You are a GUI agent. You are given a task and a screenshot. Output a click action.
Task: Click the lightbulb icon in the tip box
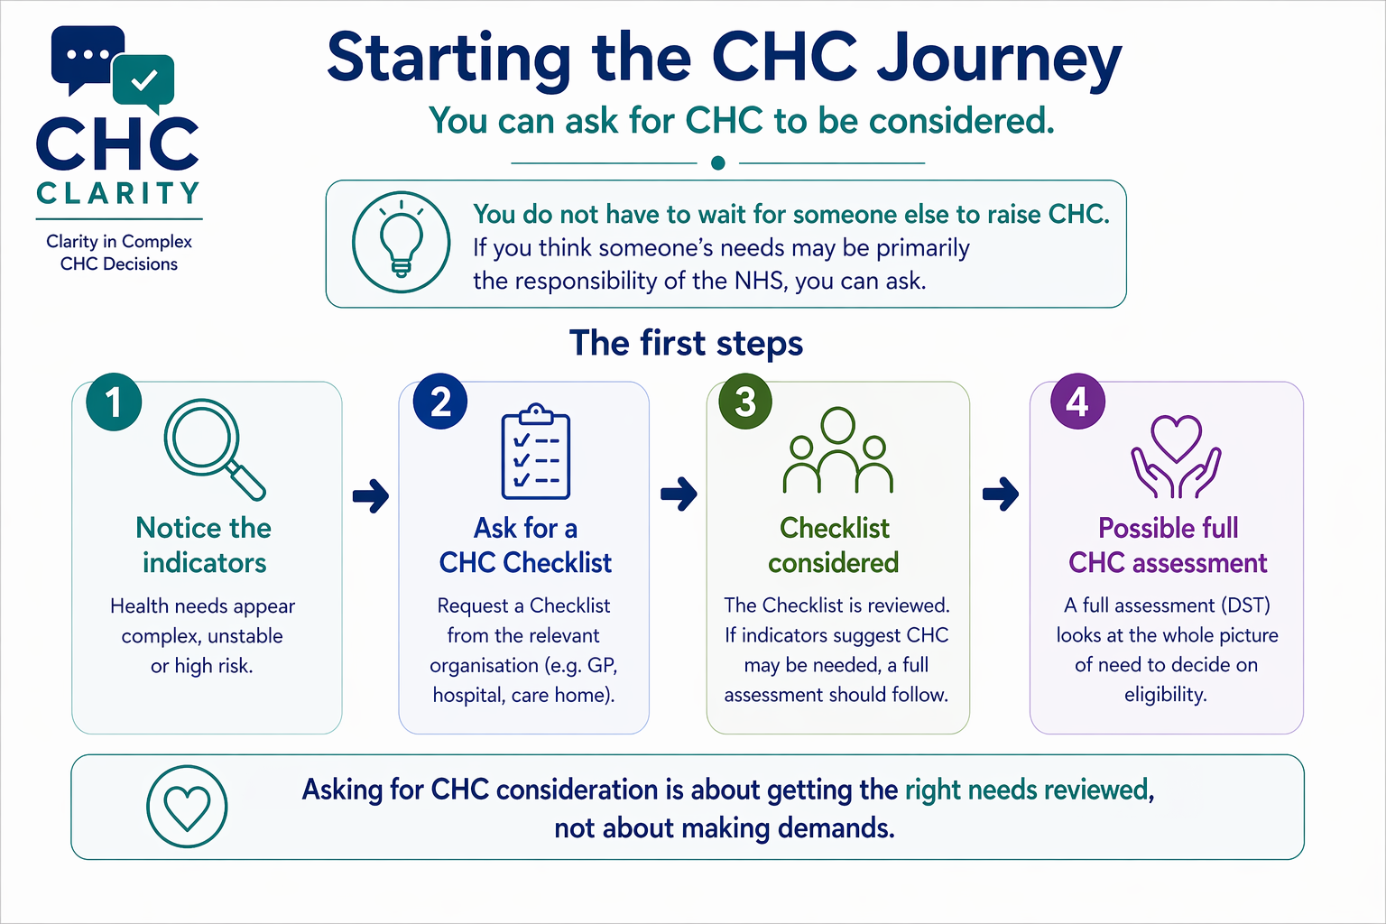(x=401, y=242)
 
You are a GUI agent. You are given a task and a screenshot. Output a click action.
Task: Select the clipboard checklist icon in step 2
(x=536, y=452)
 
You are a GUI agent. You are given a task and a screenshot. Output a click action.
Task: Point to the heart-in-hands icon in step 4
(x=1176, y=457)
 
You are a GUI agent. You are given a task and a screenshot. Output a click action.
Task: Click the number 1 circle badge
(x=114, y=402)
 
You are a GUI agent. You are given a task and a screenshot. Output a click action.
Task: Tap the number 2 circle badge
(x=440, y=402)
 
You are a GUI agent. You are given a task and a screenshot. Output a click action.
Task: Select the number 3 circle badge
(x=745, y=402)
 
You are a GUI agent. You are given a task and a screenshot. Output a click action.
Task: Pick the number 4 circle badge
(x=1077, y=402)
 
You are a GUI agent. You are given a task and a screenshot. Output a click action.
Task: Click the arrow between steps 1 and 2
(x=371, y=494)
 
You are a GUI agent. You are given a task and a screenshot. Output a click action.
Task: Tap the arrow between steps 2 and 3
(x=679, y=494)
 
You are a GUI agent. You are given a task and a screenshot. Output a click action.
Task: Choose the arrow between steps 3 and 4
(x=1001, y=494)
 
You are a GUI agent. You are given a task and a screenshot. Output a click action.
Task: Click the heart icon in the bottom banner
(x=187, y=807)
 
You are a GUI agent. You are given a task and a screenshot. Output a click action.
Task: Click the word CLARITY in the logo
(x=118, y=193)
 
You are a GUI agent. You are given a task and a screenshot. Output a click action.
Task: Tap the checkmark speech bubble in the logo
(x=144, y=82)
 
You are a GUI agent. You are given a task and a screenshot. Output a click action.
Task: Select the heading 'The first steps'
(x=686, y=344)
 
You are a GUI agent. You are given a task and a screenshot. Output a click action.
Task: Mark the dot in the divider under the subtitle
(x=718, y=163)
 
